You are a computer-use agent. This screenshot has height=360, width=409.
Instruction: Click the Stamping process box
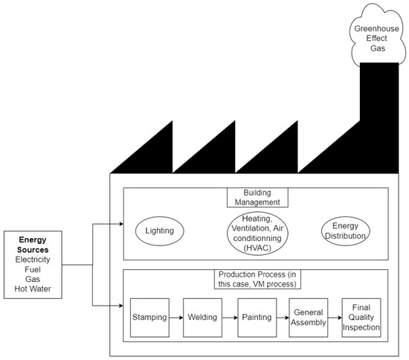(x=149, y=317)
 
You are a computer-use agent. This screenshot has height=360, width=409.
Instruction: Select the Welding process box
(x=203, y=317)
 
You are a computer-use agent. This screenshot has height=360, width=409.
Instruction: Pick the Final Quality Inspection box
(x=361, y=318)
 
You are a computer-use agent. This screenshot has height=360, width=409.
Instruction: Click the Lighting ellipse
(x=159, y=231)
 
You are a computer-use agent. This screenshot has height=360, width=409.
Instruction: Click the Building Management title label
(x=255, y=196)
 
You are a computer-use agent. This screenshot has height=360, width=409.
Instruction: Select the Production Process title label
(x=255, y=280)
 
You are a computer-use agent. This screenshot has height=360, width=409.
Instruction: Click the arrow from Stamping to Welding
(x=176, y=317)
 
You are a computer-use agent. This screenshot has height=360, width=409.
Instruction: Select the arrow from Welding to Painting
(x=230, y=317)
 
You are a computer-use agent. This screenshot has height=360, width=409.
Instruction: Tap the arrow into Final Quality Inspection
(x=335, y=317)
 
